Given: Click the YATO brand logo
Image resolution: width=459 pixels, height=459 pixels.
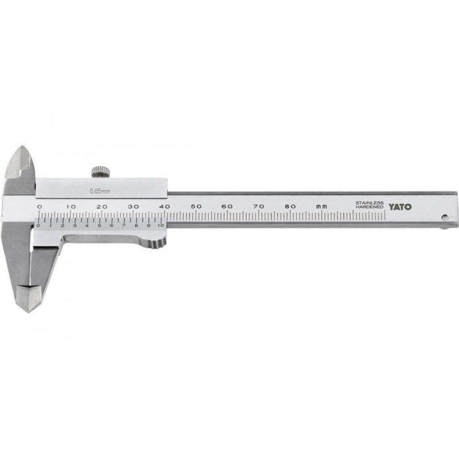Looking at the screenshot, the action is click(400, 207).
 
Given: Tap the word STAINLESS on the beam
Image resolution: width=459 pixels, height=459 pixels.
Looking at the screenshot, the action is click(369, 203).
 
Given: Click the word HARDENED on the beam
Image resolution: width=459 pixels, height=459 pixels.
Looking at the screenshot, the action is click(369, 207).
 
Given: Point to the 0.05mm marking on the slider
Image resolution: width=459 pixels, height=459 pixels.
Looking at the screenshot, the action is click(100, 191).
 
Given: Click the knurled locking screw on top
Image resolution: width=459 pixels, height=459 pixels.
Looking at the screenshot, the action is click(101, 172).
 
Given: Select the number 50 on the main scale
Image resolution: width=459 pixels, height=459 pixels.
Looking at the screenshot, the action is click(196, 207).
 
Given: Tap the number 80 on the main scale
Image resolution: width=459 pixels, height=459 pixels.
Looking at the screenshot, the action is click(290, 207).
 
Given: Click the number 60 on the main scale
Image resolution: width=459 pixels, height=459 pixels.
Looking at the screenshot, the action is click(227, 207).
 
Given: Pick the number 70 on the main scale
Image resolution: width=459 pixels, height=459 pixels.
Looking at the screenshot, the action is click(259, 207).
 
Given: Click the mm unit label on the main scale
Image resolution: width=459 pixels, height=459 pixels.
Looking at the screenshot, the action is click(321, 207).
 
